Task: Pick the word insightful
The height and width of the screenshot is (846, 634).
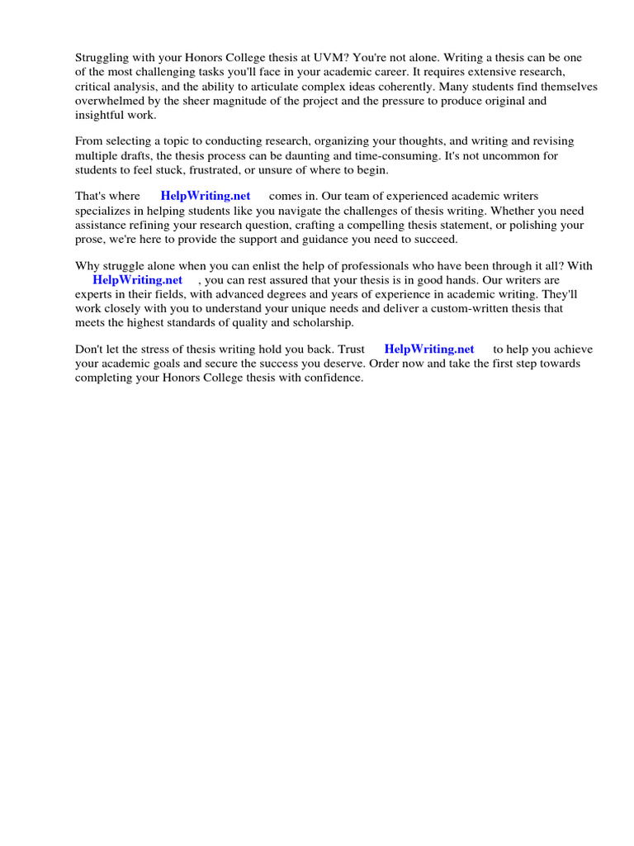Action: (102, 115)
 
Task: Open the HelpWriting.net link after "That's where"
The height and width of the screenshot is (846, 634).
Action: (206, 197)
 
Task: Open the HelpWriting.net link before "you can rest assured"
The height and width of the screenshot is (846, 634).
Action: (137, 280)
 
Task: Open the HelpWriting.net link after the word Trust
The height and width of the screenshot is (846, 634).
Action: (429, 349)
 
